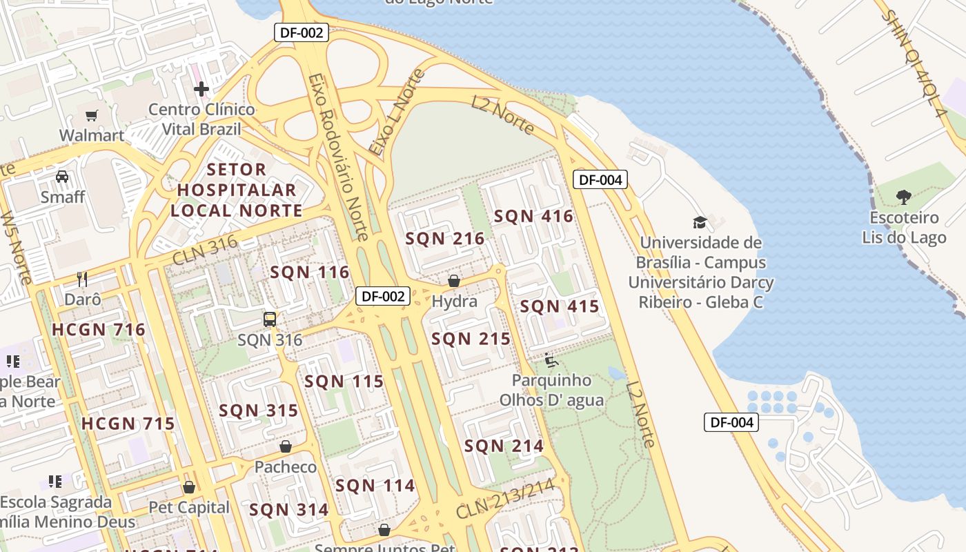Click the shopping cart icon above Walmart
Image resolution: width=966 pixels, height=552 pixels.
coord(91,115)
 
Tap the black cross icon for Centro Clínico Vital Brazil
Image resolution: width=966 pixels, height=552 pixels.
coord(201,89)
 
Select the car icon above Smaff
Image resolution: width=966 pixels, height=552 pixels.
coord(62,177)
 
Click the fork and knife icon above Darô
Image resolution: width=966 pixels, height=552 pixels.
coord(82,279)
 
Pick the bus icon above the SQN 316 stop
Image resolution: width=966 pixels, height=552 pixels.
coord(270,319)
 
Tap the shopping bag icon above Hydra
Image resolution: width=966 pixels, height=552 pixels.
coord(454,281)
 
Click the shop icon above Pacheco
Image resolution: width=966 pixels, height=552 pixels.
coord(286,446)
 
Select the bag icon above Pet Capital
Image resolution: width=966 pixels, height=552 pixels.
coord(189,487)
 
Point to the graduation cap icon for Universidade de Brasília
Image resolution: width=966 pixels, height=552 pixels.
coord(700,222)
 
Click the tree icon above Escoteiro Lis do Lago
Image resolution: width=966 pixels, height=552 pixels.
coord(904,197)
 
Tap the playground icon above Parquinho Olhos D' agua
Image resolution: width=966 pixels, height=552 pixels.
coord(551,359)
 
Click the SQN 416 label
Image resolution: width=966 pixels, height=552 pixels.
coord(533,217)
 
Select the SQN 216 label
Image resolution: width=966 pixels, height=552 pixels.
coord(445,239)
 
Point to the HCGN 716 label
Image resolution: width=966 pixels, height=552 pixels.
coord(99,330)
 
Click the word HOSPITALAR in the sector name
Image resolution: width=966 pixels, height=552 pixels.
coord(237,190)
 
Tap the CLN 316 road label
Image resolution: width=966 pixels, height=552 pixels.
coord(205,250)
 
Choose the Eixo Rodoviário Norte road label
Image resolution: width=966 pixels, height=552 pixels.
coord(338,157)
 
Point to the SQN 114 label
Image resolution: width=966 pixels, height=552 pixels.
coord(375,486)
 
